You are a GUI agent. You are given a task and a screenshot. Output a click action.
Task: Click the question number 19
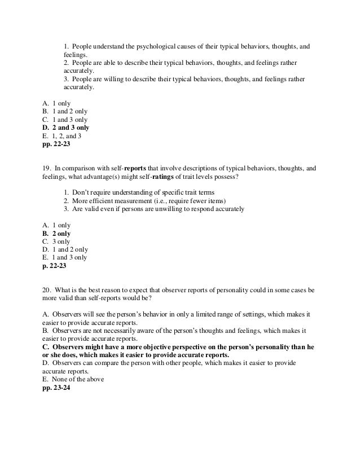click(x=47, y=168)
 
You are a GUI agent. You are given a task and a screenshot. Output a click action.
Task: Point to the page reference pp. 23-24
click(x=54, y=388)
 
